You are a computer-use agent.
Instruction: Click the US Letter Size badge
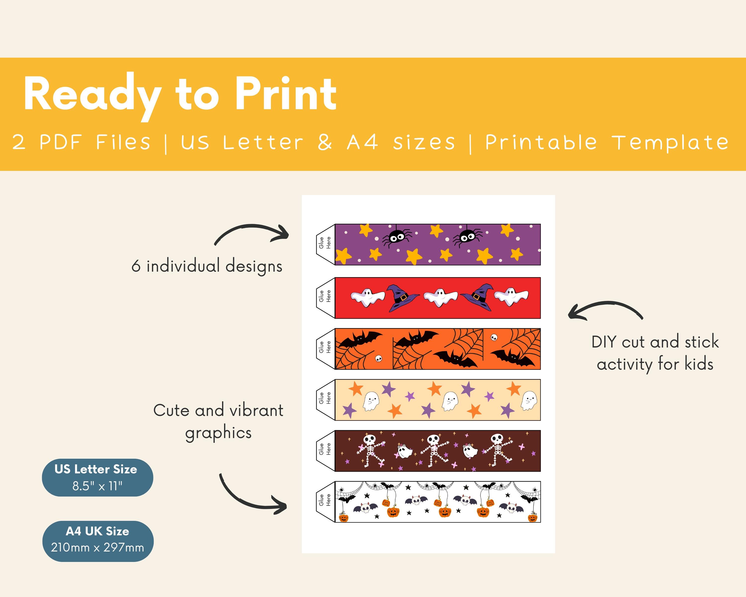tap(97, 477)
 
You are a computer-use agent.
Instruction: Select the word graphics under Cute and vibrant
tap(218, 433)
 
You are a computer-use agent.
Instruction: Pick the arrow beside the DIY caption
tap(605, 309)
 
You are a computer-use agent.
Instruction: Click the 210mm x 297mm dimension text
tap(97, 547)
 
